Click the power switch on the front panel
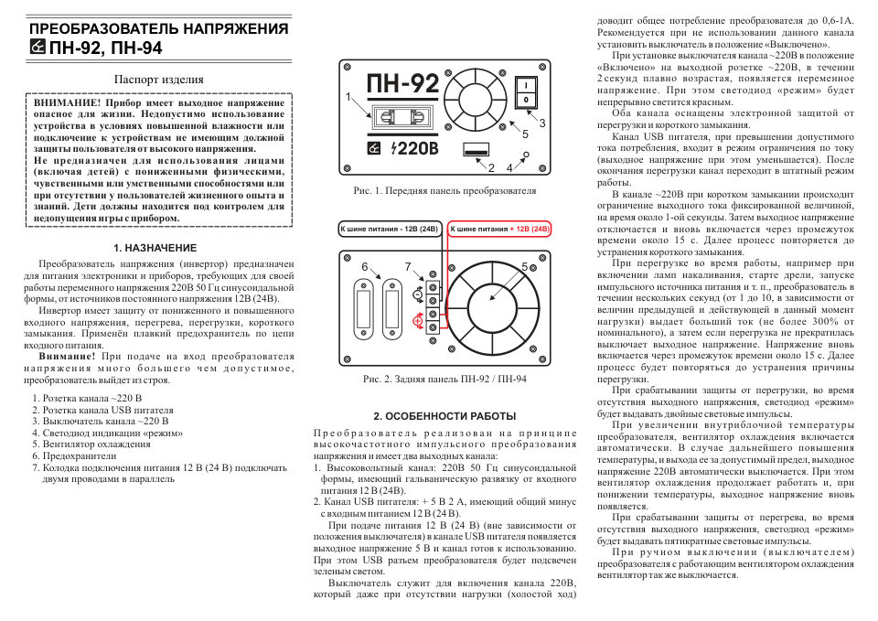528,91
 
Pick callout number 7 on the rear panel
408,266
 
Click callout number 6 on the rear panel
365,266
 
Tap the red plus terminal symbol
418,320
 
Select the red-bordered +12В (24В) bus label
501,228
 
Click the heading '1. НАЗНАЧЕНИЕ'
155,248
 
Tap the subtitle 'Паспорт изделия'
158,80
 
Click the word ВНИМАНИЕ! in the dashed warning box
67,103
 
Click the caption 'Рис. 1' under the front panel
444,191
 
